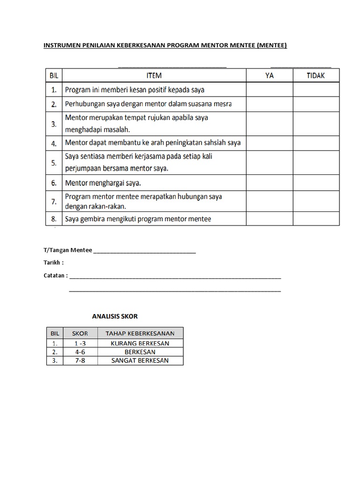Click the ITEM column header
point(154,75)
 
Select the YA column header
point(270,75)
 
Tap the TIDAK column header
point(316,75)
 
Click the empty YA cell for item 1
point(270,89)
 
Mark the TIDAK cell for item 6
point(316,183)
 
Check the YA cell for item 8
point(270,219)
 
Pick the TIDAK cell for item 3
point(316,124)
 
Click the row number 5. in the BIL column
point(54,163)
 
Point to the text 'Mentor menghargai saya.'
point(103,183)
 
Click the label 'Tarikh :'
point(53,262)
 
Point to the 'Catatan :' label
point(56,276)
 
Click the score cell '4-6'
point(80,352)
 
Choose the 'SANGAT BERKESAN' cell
point(140,360)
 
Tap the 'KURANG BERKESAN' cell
point(140,343)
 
